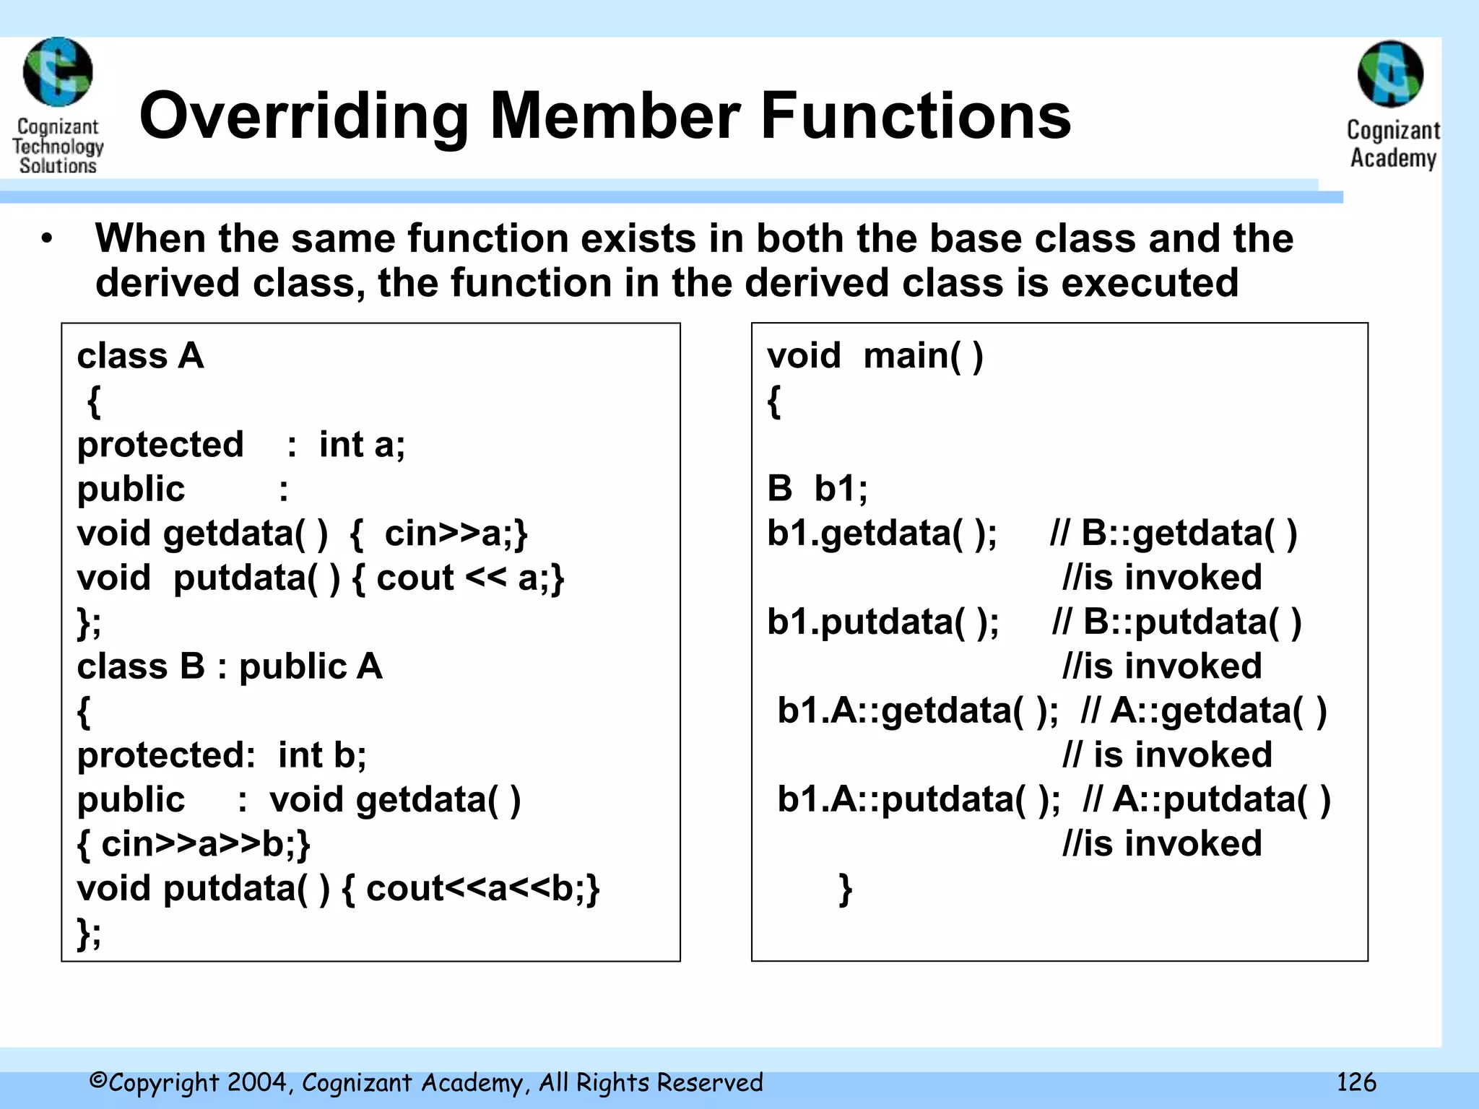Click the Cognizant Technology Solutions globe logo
point(58,72)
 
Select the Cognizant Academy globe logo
point(1390,74)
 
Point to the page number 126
point(1356,1082)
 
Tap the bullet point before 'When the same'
point(47,239)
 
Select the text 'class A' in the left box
point(141,356)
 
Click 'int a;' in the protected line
point(362,445)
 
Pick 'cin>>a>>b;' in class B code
point(205,844)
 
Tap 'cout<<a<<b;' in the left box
point(482,889)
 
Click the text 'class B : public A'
point(230,666)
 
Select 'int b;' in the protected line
point(322,755)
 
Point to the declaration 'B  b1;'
point(817,489)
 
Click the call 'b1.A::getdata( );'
point(917,711)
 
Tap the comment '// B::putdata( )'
point(1176,622)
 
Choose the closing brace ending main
point(845,889)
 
